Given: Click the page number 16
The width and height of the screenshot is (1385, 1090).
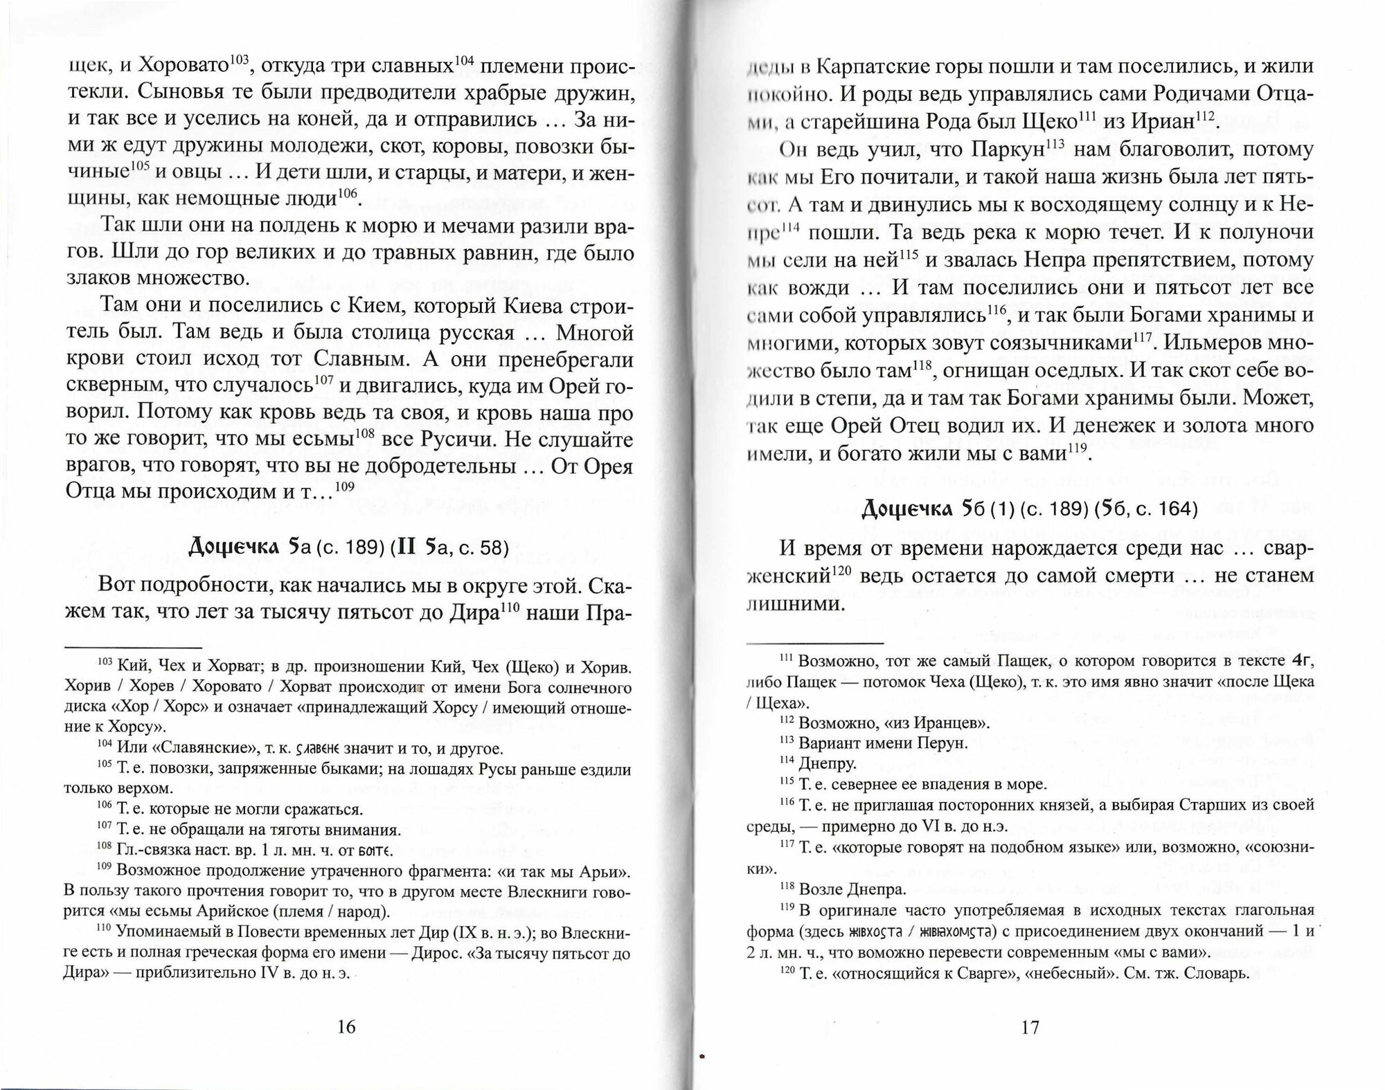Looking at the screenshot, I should (x=346, y=1026).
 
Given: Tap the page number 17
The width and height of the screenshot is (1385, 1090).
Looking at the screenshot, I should (x=1030, y=1027).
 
